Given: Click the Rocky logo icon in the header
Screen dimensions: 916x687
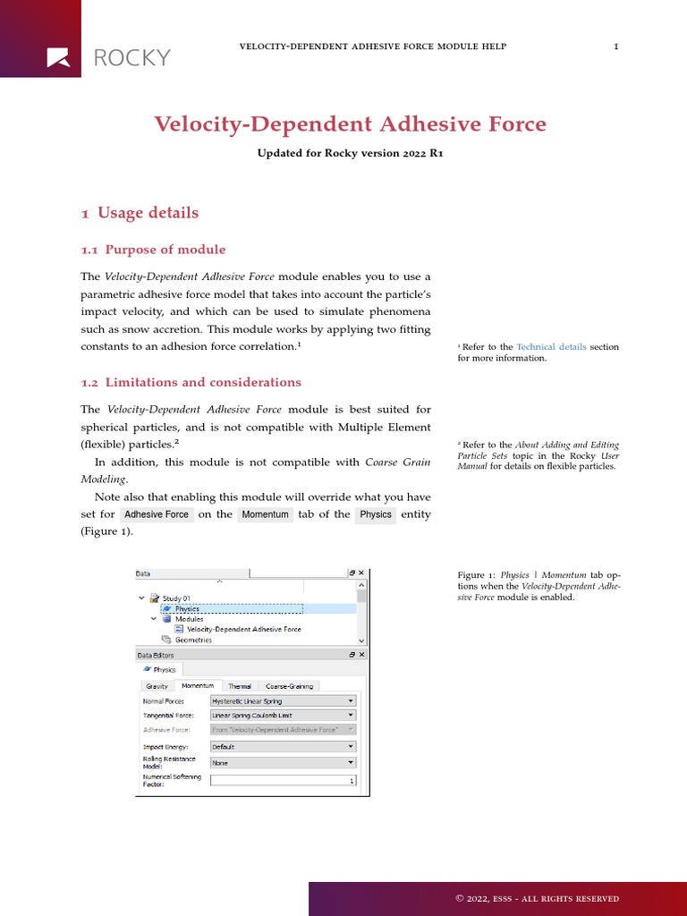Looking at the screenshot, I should coord(58,57).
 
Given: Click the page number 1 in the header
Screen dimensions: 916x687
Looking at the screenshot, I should coord(616,47).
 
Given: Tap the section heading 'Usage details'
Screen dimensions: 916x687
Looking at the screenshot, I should coord(148,213).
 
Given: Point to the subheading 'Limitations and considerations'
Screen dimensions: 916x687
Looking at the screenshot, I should coord(203,382).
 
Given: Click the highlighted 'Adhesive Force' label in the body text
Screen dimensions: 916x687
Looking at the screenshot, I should coord(157,514).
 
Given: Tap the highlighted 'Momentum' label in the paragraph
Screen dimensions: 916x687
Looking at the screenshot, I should coord(265,514).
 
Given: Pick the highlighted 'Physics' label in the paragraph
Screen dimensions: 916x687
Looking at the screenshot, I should coord(376,514).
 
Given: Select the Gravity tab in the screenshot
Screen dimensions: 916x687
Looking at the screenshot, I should coord(157,686).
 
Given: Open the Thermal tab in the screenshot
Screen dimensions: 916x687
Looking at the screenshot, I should coord(240,686).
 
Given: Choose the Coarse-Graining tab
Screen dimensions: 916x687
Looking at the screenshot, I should coord(289,686).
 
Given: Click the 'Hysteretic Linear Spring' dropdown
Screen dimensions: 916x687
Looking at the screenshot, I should coord(283,701).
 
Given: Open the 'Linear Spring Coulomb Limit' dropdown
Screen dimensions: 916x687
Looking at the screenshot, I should coord(283,716).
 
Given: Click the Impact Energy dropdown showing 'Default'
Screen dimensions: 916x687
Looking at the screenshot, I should coord(283,746).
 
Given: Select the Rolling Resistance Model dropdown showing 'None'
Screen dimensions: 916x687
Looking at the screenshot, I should coord(283,763).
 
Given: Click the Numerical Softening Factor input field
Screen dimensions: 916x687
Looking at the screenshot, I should coord(283,780).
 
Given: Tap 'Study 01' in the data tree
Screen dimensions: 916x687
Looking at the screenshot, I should coord(176,598).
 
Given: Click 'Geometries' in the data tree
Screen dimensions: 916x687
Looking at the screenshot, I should coord(193,640).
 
